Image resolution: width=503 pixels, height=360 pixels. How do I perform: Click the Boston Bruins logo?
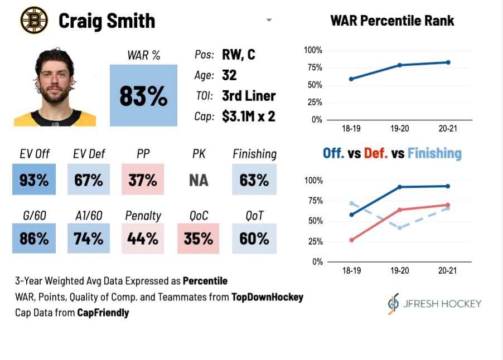click(34, 21)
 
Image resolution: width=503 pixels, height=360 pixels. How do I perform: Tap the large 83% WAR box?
click(143, 95)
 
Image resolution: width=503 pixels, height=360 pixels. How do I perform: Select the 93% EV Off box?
click(34, 179)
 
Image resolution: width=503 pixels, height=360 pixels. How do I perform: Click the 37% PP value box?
click(143, 179)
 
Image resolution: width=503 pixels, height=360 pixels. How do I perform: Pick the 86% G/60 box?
click(34, 239)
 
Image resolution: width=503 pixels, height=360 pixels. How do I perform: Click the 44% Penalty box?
click(143, 239)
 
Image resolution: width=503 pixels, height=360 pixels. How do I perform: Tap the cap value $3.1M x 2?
click(248, 116)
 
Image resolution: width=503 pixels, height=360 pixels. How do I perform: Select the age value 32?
click(229, 75)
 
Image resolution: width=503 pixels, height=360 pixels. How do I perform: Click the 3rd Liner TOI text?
click(249, 96)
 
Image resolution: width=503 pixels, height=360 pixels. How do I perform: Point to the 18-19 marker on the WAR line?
click(351, 79)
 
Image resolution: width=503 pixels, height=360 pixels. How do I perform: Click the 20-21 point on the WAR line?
click(448, 62)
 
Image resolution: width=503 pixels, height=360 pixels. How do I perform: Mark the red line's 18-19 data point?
click(351, 240)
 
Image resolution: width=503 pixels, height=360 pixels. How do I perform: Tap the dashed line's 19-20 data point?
click(399, 228)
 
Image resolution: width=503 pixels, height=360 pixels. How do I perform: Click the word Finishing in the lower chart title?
click(434, 153)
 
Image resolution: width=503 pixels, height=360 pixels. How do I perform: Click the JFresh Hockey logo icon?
click(394, 304)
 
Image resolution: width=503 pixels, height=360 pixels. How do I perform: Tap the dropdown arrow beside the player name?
click(269, 21)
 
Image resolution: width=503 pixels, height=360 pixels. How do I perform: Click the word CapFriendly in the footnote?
click(103, 313)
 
